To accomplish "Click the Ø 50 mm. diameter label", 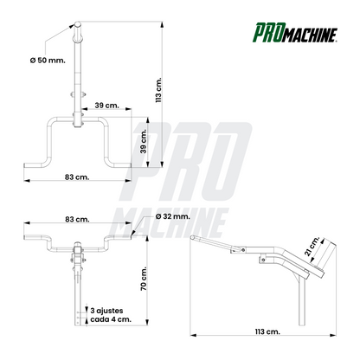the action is (x=48, y=61).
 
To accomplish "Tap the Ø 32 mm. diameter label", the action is (x=172, y=216).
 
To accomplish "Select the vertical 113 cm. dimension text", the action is (x=158, y=90).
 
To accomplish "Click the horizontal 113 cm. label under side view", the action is (x=267, y=331).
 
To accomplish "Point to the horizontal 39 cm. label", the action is (x=106, y=106).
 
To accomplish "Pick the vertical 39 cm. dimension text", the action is (x=144, y=141).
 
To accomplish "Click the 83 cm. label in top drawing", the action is (x=77, y=177).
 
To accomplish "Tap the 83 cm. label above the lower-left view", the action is (x=77, y=219).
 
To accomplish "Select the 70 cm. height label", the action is (x=144, y=279).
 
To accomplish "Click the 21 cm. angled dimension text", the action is (x=312, y=246).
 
